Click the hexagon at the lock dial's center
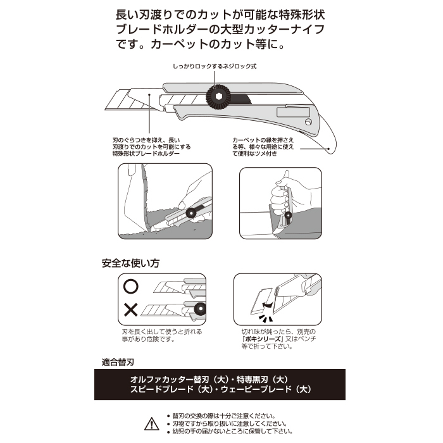[x=219, y=97]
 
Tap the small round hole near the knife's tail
[x=308, y=122]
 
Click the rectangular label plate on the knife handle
[x=293, y=112]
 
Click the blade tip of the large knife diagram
[x=106, y=108]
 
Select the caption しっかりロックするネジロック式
[x=215, y=66]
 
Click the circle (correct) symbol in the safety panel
[x=131, y=286]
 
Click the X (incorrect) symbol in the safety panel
[x=131, y=309]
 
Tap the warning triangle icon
[x=152, y=424]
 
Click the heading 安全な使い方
[x=130, y=263]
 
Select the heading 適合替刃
[x=118, y=362]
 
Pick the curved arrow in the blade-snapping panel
[x=268, y=304]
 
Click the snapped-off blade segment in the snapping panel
[x=261, y=301]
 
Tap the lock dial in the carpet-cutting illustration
[x=190, y=213]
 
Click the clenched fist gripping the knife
[x=280, y=200]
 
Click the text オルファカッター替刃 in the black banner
[x=166, y=379]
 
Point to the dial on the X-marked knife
[x=201, y=309]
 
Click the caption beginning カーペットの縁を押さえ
[x=263, y=147]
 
